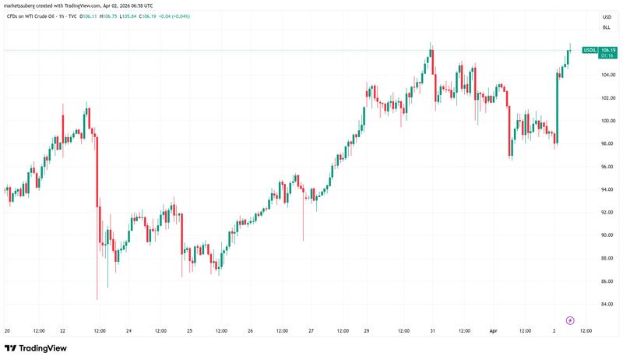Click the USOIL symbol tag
(x=590, y=50)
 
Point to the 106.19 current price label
(x=607, y=50)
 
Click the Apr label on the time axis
(x=492, y=330)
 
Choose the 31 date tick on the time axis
(x=432, y=330)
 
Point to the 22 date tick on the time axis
(x=62, y=330)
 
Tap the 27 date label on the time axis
(x=311, y=330)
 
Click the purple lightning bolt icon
(x=570, y=319)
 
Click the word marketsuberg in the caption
(x=22, y=5)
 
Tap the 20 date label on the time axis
(x=6, y=330)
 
